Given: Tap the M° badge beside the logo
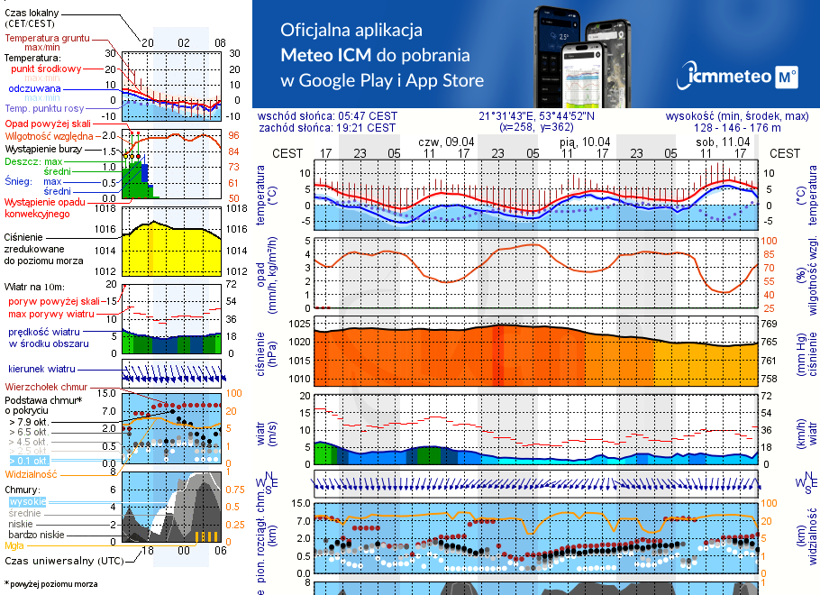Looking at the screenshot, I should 786,78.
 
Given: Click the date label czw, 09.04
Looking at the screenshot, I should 446,142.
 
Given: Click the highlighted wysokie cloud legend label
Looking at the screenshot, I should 27,501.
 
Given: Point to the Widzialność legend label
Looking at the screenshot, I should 32,473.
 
